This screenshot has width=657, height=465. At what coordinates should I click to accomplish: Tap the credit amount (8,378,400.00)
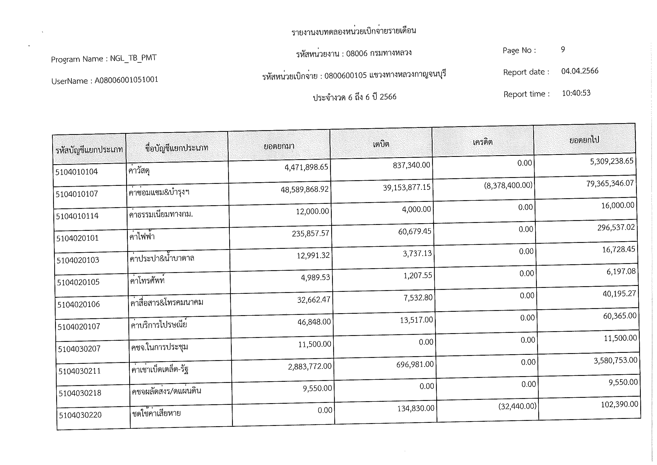pyautogui.click(x=508, y=185)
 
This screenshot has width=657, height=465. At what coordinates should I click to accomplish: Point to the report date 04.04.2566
pyautogui.click(x=579, y=71)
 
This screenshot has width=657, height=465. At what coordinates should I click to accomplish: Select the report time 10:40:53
pyautogui.click(x=576, y=93)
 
